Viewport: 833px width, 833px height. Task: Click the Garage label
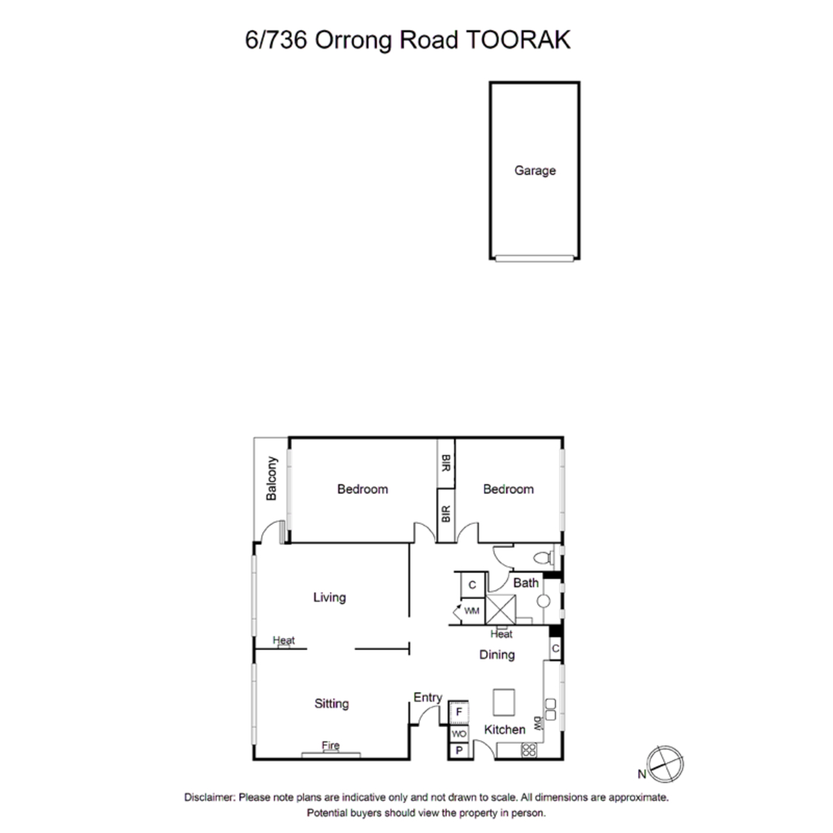pos(535,171)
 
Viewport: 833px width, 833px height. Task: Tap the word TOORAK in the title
pos(519,40)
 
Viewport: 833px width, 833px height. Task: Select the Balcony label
pos(271,478)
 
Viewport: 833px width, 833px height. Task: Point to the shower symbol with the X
pos(500,609)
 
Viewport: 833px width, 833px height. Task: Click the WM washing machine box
pos(472,611)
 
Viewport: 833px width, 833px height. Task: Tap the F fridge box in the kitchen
pos(459,712)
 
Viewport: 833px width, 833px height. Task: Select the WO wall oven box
pos(459,734)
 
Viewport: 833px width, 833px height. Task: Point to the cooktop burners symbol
pos(529,750)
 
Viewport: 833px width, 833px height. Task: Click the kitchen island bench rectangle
pos(504,702)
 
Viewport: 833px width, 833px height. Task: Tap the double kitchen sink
pos(550,709)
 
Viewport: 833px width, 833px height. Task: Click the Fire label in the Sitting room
pos(330,746)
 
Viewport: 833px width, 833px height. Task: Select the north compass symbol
pos(666,764)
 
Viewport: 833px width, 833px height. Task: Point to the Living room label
pos(330,598)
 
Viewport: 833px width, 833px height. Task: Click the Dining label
pos(497,655)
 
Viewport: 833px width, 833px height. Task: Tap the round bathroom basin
pos(544,601)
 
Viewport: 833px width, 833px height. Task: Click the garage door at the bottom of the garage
pos(535,258)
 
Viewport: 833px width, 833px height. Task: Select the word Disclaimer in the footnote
pos(210,797)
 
